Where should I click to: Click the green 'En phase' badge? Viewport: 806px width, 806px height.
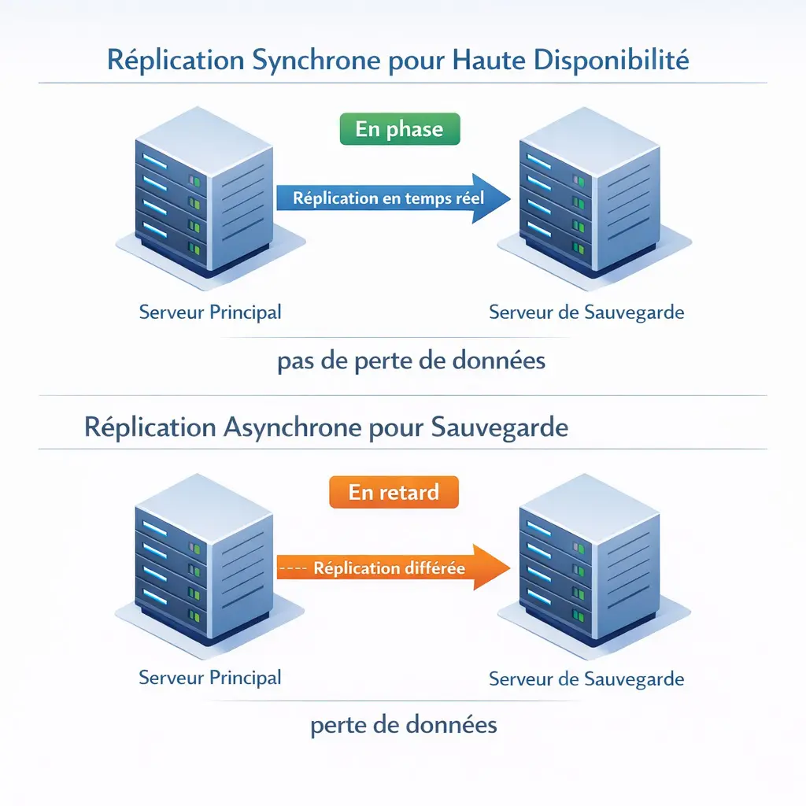(399, 130)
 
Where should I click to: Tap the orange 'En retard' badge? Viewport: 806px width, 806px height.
(394, 493)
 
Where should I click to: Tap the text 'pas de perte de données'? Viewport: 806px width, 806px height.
(412, 361)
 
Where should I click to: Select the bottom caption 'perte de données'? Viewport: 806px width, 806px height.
(404, 724)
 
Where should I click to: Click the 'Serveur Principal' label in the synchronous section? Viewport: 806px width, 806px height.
(210, 312)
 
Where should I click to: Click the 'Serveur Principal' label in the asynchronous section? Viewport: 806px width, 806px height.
(210, 677)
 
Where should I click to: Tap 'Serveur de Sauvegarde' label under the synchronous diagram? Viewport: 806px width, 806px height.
(586, 312)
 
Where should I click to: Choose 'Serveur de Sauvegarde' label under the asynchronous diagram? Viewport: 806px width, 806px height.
(586, 678)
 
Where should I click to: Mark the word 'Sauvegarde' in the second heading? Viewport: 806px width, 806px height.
(501, 427)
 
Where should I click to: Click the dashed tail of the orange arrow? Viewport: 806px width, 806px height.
(292, 568)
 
